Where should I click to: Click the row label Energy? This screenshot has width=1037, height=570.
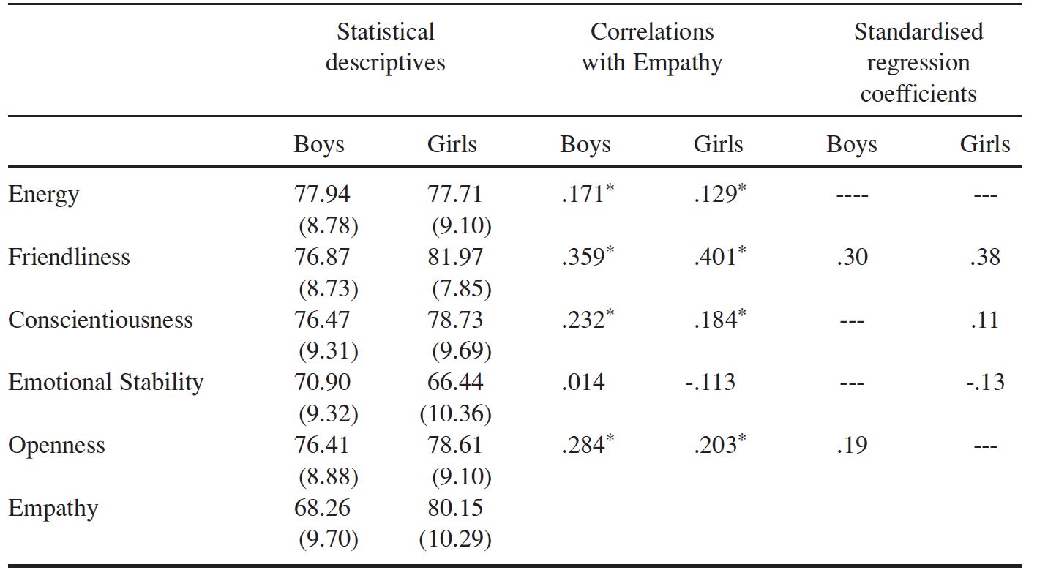[43, 195]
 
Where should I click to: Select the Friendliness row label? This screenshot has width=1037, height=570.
[69, 257]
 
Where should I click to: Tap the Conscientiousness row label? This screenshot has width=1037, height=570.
[100, 320]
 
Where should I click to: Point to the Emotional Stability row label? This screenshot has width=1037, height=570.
[105, 383]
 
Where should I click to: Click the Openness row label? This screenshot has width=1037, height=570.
[56, 446]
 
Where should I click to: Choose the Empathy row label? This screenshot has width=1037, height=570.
[53, 509]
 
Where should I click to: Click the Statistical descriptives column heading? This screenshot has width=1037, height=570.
[385, 48]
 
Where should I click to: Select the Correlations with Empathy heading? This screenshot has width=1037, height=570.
[652, 48]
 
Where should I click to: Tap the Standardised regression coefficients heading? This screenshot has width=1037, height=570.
[918, 62]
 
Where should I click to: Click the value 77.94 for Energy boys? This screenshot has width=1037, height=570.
[322, 194]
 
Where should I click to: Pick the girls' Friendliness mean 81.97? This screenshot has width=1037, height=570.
[455, 257]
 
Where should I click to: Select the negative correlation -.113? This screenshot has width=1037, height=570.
[710, 382]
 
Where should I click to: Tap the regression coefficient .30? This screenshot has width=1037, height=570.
[853, 257]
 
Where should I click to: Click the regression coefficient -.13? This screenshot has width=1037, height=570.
[985, 382]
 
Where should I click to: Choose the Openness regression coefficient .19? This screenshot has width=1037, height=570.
[853, 445]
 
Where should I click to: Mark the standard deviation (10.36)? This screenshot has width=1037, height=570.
[455, 413]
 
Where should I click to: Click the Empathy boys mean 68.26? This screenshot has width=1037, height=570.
[322, 508]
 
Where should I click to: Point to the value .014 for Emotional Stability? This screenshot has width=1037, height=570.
[583, 382]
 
